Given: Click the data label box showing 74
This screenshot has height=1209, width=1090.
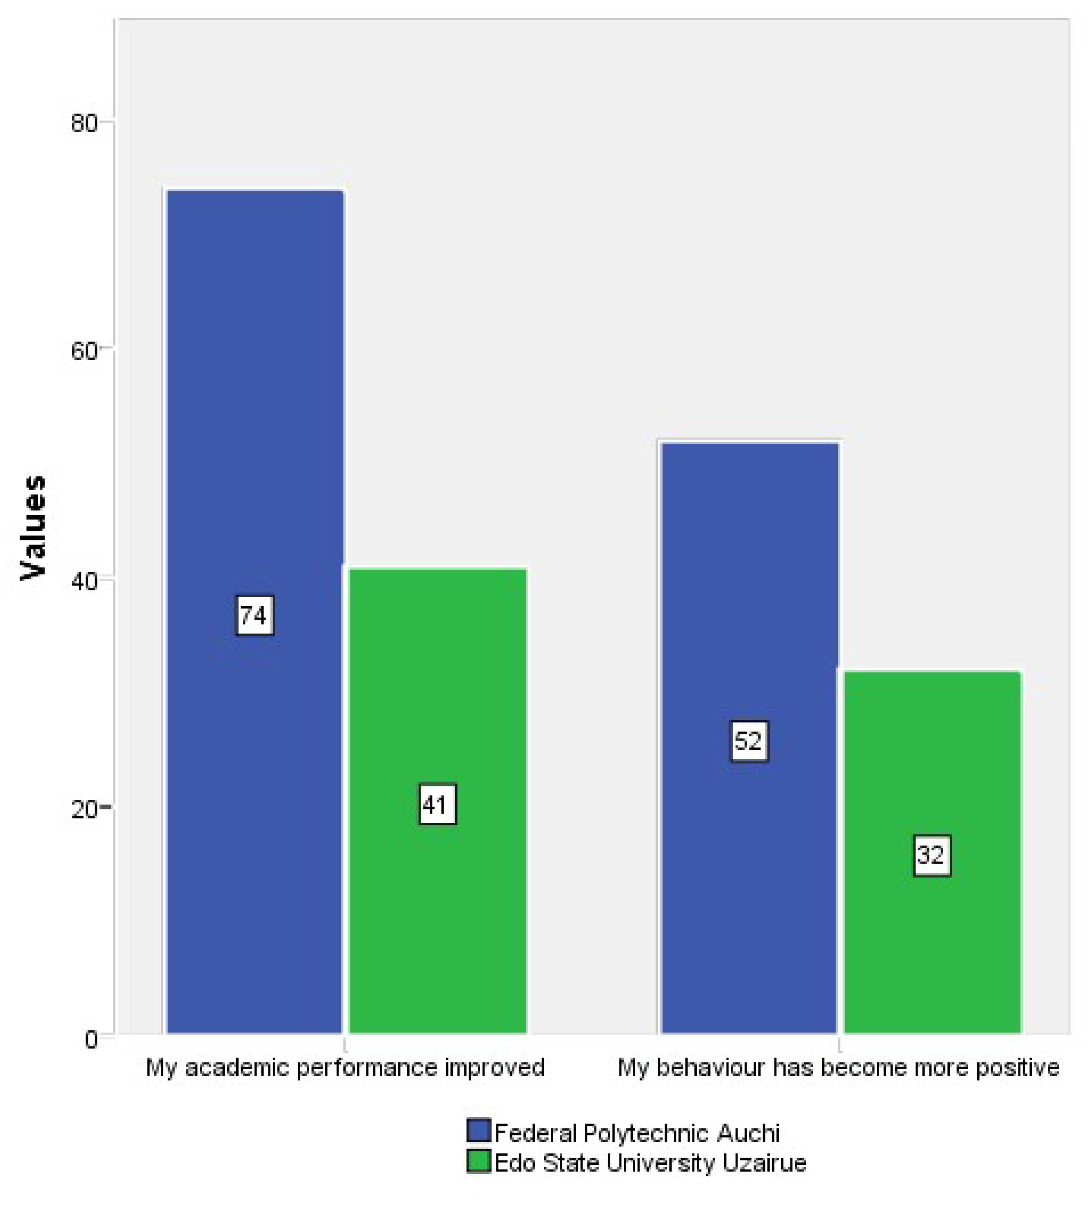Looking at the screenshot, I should point(254,615).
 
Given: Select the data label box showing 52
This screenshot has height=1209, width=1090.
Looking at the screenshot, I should point(749,742).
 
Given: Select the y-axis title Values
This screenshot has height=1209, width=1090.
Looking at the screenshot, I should point(33,527).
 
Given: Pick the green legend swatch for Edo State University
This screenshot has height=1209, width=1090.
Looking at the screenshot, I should point(479,1161).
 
